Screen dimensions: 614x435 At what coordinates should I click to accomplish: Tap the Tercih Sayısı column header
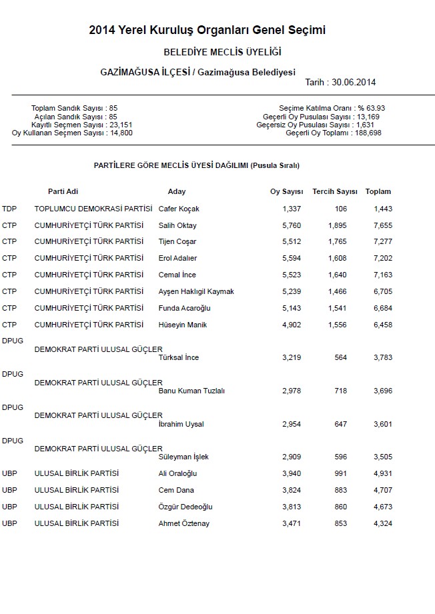(335, 192)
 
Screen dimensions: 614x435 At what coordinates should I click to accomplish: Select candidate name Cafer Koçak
(179, 209)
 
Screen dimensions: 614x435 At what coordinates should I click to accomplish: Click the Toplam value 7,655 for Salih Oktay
(383, 225)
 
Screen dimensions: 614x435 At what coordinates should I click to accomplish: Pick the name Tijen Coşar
(177, 242)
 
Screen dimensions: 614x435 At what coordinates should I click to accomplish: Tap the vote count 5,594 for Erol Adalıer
(292, 258)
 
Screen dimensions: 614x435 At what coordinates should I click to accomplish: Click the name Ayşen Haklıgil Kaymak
(196, 291)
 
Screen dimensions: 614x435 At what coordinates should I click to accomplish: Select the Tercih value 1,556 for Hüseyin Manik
(337, 325)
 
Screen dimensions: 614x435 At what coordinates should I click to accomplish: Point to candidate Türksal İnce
(179, 358)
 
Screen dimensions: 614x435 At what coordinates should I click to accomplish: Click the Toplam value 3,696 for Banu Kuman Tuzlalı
(383, 391)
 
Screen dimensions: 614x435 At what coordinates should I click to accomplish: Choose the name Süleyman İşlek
(183, 457)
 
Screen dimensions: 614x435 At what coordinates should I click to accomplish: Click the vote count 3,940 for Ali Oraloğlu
(292, 474)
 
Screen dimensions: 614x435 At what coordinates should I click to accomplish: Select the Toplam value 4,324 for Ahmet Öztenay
(383, 523)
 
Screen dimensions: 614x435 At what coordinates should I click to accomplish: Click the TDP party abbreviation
(9, 209)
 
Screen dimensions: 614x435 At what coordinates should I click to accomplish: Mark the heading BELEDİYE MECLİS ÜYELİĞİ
(222, 52)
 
